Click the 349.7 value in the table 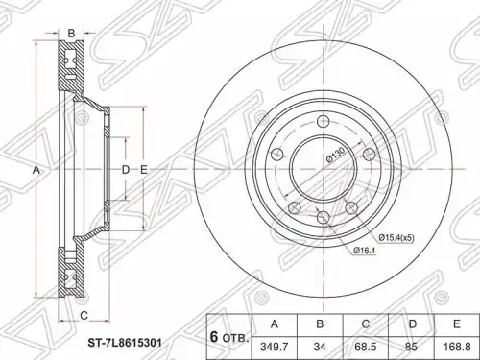coord(275,347)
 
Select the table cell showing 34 coord(320,347)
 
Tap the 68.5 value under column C coord(366,347)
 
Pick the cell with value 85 coord(411,347)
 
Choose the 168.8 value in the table coord(457,347)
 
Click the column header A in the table coord(275,324)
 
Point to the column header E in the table coord(457,324)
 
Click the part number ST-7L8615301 coord(125,343)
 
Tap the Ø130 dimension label coord(335,155)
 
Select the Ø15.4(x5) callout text coord(396,238)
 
